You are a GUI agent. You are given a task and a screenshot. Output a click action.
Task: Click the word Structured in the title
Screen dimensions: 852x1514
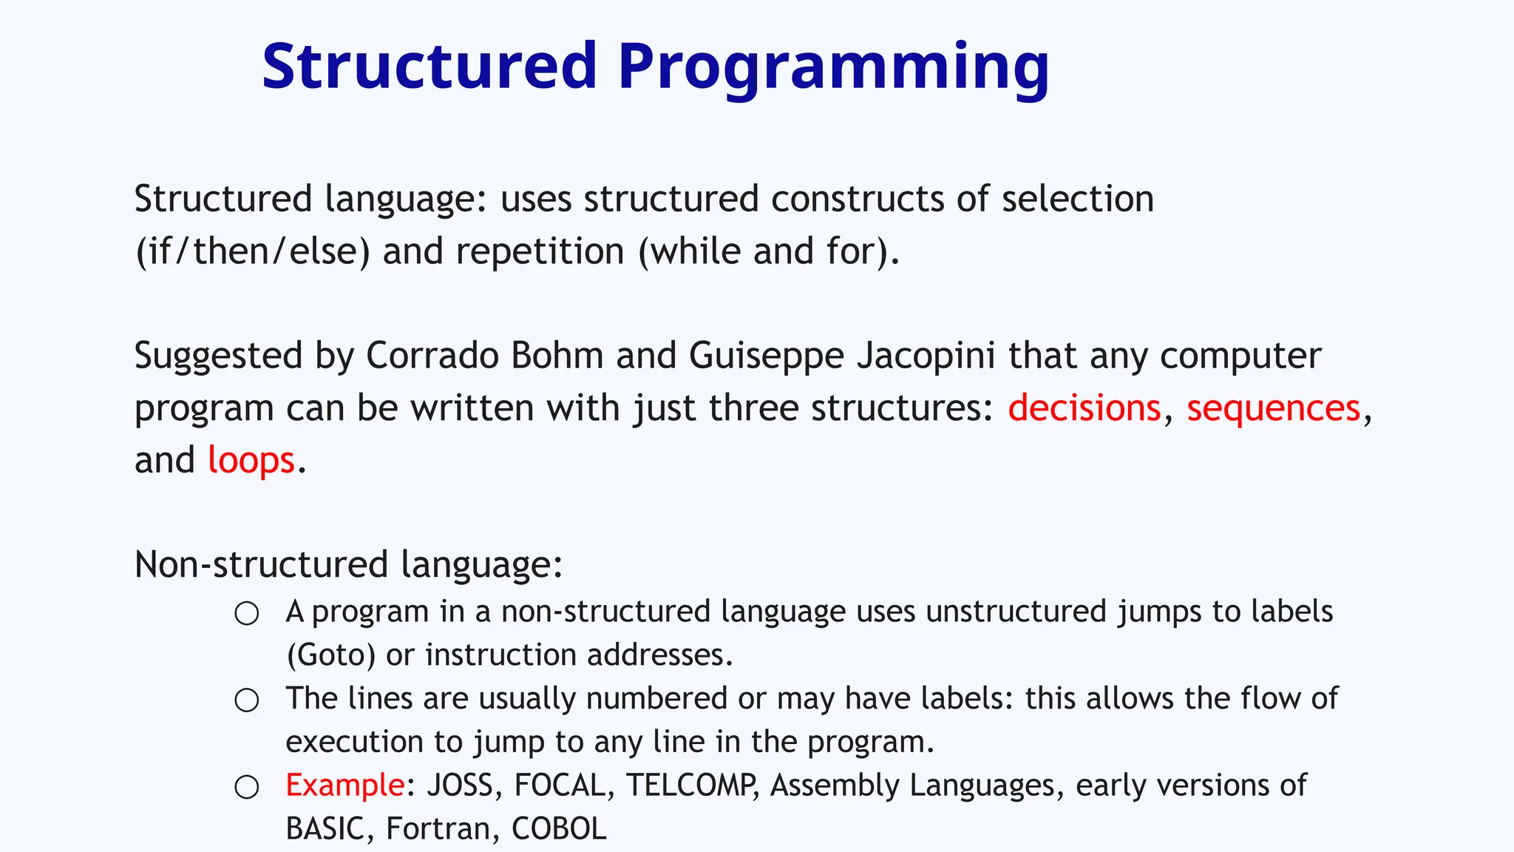point(429,67)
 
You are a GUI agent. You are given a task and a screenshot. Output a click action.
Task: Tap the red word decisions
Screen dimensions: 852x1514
point(1084,408)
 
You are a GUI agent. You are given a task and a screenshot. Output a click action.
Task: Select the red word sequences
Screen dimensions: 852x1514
point(1273,408)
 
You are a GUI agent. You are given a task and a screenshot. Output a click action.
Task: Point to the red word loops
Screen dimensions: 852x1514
point(251,461)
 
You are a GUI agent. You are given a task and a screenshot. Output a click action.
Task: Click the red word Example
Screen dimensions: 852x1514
point(344,785)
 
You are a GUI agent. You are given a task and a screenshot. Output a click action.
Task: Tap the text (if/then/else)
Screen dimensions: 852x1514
point(252,251)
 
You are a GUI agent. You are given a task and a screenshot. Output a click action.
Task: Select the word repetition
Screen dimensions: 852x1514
point(540,251)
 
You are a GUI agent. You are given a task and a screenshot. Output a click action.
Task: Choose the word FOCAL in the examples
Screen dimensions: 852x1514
point(560,785)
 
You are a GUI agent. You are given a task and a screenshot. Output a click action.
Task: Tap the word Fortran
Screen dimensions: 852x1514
point(438,829)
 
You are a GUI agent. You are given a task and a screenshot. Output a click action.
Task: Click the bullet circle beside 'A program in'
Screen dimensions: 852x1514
point(247,613)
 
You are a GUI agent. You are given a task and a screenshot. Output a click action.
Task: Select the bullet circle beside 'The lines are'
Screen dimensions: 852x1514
point(247,700)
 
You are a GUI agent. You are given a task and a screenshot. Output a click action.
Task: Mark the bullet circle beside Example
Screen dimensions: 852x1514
point(247,787)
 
